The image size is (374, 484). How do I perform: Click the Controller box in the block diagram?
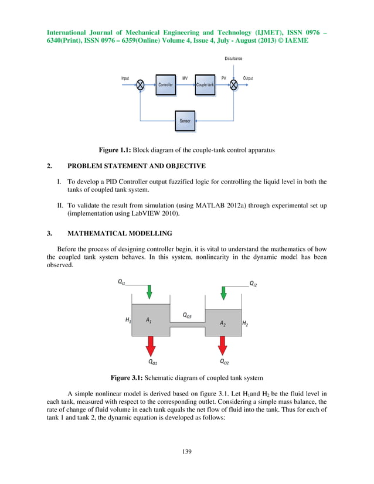coord(165,85)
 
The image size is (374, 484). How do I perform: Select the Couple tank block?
coord(205,85)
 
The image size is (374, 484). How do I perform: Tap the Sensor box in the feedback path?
coord(185,121)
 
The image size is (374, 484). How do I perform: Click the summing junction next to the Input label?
coord(141,85)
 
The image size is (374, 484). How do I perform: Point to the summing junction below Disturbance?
coord(234,85)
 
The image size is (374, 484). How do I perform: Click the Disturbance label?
coord(233,59)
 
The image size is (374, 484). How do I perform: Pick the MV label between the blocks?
coord(185,79)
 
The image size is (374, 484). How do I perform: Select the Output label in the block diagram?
coord(248,79)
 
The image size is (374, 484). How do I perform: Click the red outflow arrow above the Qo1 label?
coord(151,346)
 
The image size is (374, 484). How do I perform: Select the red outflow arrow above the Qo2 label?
coord(223,346)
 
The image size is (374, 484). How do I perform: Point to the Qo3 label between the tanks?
coord(187,315)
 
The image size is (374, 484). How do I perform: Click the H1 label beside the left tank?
coord(128,320)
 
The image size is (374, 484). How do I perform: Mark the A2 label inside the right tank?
coord(223,323)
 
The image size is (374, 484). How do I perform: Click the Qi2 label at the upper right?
coord(253,283)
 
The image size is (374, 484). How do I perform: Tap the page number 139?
coord(186,451)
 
